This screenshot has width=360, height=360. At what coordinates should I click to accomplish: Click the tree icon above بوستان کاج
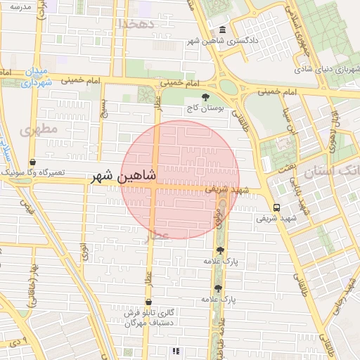click(x=205, y=98)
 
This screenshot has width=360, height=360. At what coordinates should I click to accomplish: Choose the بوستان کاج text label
click(x=205, y=109)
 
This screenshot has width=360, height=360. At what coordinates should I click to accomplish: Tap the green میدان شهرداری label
click(x=31, y=77)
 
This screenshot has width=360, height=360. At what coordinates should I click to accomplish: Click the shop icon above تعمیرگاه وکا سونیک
click(x=33, y=162)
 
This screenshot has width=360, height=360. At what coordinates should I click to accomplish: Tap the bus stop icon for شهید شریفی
click(x=276, y=207)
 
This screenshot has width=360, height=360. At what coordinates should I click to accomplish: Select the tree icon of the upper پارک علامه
click(x=220, y=250)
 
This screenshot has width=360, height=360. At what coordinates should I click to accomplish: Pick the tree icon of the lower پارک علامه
click(x=217, y=288)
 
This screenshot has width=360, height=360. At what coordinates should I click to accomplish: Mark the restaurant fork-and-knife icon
click(x=176, y=350)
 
